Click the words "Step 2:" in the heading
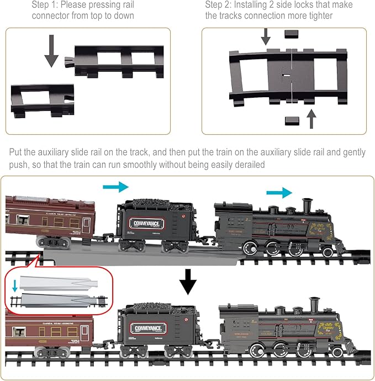(220, 5)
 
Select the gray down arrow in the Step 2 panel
(266, 36)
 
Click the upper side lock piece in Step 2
(291, 34)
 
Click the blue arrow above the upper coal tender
(115, 187)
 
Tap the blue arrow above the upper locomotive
(279, 192)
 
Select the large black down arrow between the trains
(188, 283)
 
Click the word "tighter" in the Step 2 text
(319, 16)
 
